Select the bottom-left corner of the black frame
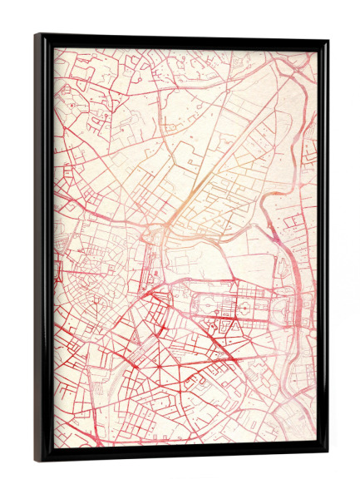click(x=37, y=460)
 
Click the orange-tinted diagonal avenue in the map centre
click(x=188, y=196)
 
